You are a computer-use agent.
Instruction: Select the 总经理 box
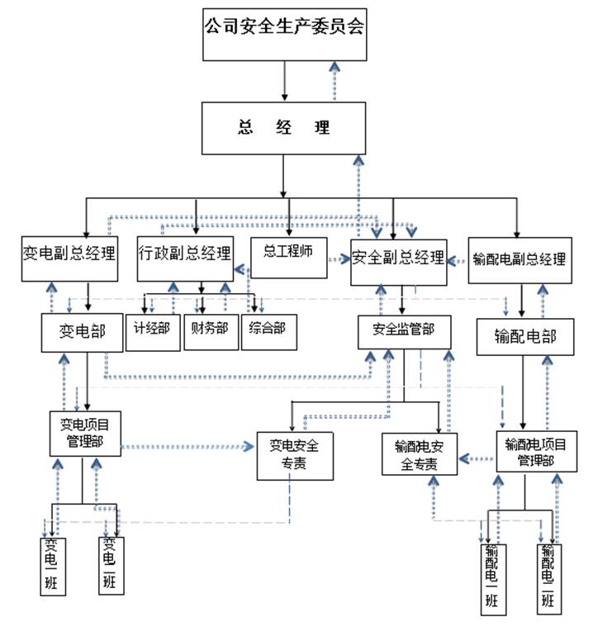coord(284,128)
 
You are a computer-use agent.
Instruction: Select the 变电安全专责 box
coord(295,455)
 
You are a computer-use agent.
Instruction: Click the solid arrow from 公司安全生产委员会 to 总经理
coord(284,81)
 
